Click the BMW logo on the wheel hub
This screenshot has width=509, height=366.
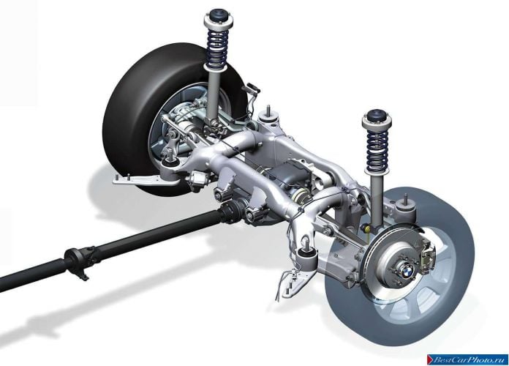(407, 269)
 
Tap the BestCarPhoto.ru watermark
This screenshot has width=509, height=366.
(467, 359)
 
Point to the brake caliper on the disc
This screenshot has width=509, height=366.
(427, 255)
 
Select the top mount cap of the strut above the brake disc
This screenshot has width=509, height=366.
(377, 119)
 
